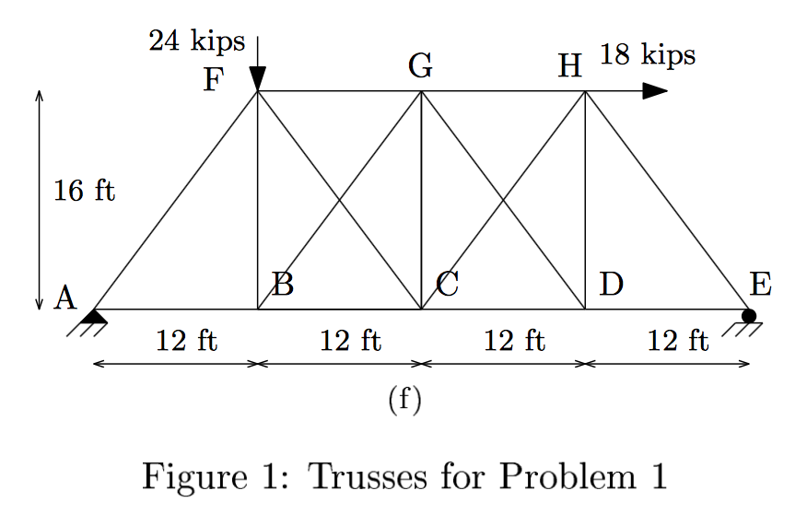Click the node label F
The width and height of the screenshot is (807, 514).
coord(213,81)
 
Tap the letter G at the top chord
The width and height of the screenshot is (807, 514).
coord(420,66)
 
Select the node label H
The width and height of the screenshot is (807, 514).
coord(570,66)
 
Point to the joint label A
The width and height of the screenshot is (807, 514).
coord(64,297)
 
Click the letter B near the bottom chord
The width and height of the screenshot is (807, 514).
coord(283,285)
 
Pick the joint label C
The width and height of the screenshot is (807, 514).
coord(448,285)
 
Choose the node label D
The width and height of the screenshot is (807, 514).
coord(610,284)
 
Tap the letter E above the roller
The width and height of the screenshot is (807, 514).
coord(759,284)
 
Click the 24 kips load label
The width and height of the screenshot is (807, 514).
coord(197,41)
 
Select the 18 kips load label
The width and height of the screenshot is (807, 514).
coord(648,55)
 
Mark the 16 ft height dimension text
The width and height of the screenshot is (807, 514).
coord(84,191)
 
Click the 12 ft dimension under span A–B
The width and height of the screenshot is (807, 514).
coord(186,341)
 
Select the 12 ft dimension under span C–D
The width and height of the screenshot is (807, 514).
coord(514,341)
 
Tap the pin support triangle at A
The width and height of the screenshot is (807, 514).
coord(93,317)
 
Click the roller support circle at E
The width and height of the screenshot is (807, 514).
coord(749,316)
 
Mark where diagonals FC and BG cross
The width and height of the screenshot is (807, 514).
coord(339,200)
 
